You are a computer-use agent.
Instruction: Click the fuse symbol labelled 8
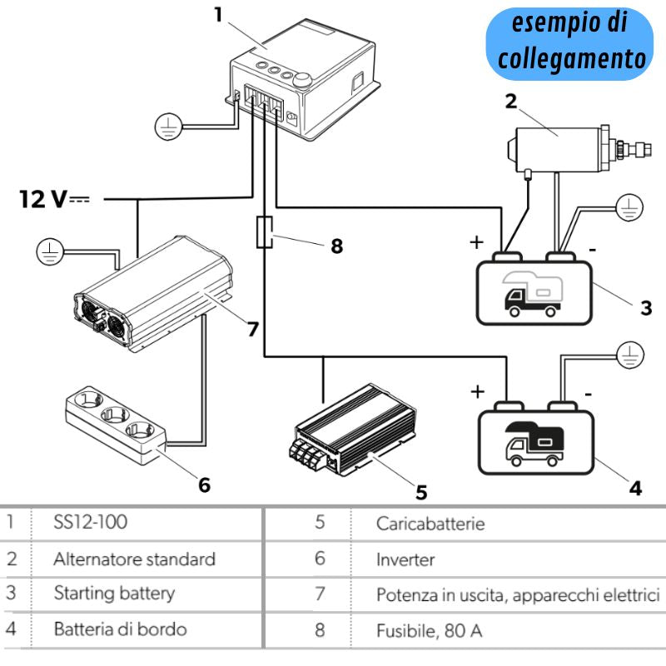pos(265,233)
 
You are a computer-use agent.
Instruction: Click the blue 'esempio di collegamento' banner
pos(569,41)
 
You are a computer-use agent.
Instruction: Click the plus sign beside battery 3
pos(476,242)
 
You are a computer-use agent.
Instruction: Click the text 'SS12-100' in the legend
pos(91,524)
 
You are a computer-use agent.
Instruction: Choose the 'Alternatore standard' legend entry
pos(134,559)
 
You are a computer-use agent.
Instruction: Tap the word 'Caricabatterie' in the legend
pos(430,524)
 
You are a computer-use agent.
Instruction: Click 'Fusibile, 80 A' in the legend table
pos(429,630)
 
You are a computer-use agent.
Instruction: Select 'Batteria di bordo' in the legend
pos(120,629)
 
